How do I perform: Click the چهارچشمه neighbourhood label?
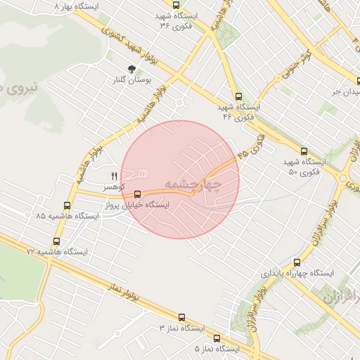click(x=193, y=185)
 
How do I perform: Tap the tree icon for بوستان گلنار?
click(x=131, y=69)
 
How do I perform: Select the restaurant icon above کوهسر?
click(x=114, y=176)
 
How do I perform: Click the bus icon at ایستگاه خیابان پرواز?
click(x=137, y=194)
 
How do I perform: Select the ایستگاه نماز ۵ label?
click(x=217, y=349)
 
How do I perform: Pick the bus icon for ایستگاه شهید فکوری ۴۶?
click(x=238, y=96)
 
